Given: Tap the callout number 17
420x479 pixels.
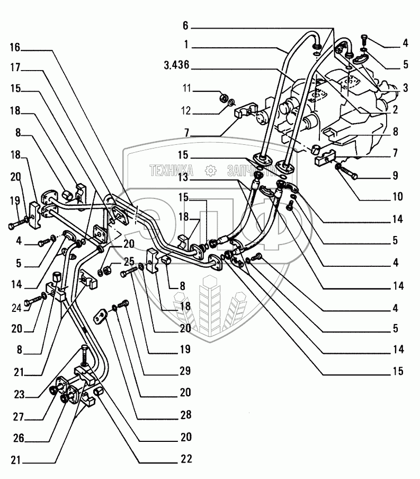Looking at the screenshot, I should [x=14, y=69].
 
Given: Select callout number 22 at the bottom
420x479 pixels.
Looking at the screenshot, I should [x=185, y=459].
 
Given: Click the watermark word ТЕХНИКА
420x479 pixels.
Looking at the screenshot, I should [x=172, y=170].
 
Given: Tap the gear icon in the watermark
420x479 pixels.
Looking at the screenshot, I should [x=211, y=170].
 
